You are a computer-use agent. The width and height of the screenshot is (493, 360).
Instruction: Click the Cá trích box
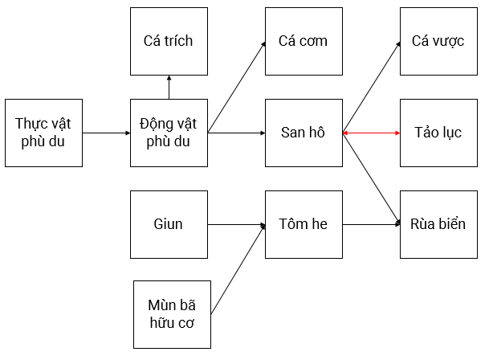tap(169, 41)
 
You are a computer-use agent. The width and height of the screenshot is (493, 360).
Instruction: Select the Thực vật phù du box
tap(43, 133)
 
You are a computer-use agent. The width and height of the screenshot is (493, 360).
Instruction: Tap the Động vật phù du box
tap(169, 133)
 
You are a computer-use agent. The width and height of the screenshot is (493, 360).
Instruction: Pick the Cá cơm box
tap(304, 41)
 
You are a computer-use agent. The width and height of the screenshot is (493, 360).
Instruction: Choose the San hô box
tap(304, 133)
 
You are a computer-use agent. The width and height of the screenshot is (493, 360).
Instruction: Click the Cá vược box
tap(438, 41)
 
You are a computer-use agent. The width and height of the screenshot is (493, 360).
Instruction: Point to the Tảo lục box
tap(438, 133)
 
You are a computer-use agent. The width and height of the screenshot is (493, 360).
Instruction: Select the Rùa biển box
tap(438, 224)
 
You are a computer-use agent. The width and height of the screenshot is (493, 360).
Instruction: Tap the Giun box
tap(169, 224)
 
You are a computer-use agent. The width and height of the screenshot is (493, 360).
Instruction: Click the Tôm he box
tap(304, 224)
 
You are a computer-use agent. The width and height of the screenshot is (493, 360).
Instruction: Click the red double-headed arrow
tap(371, 133)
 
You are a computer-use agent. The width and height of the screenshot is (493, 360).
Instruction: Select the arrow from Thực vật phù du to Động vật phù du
tap(106, 133)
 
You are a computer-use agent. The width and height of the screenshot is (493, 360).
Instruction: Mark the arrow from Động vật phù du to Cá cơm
tap(237, 87)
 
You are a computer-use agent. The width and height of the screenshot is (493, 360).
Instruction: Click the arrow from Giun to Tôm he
tap(236, 224)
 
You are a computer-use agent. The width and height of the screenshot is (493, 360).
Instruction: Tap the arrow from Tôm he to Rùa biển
tap(371, 224)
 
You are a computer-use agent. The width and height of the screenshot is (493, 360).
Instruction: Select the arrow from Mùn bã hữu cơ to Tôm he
tap(238, 269)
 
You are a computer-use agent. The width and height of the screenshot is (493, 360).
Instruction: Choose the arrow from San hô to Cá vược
tap(371, 87)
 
